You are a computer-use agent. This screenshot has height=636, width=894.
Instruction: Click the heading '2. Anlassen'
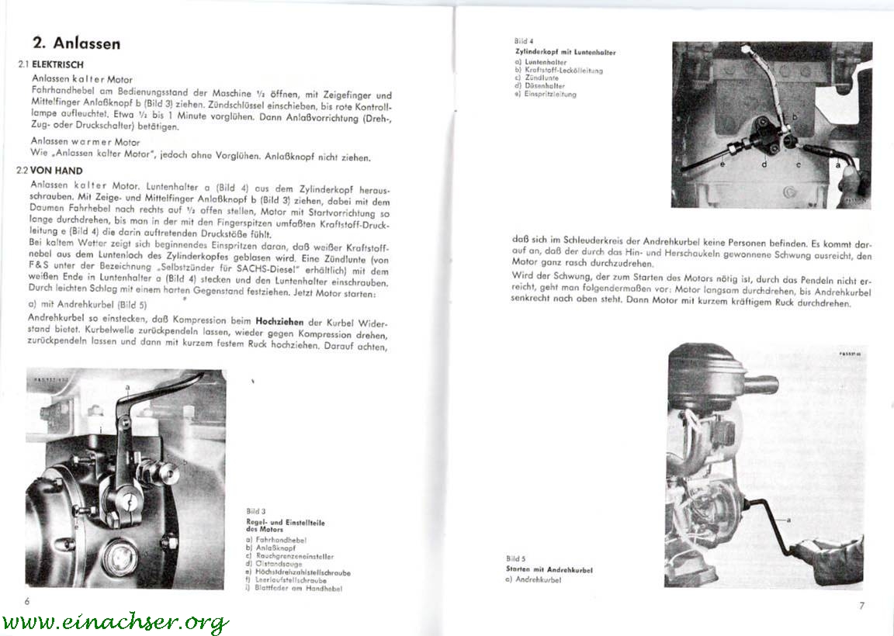76,43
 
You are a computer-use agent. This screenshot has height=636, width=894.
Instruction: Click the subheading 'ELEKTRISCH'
57,65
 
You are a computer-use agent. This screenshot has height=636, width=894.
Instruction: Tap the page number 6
26,601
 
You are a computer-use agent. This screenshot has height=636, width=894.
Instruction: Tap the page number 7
861,606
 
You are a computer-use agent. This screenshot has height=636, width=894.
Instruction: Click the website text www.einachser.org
115,622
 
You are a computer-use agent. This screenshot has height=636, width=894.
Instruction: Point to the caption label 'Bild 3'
255,511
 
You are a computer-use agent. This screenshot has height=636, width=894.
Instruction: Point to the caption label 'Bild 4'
524,41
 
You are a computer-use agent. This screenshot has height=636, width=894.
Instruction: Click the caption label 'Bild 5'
516,558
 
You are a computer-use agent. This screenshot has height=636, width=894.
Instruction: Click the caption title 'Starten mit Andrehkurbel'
549,569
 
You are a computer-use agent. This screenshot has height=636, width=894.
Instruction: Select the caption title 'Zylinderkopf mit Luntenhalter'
565,53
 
